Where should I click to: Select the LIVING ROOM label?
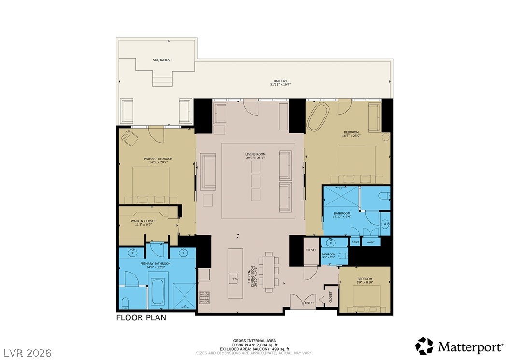click(x=255, y=155)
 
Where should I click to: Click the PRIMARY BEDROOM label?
click(x=158, y=159)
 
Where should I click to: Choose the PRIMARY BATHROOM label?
click(x=156, y=264)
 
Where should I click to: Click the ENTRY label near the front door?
click(x=309, y=303)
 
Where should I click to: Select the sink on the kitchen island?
click(x=234, y=278)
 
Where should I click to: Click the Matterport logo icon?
click(x=424, y=346)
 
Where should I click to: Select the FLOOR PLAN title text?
click(x=141, y=318)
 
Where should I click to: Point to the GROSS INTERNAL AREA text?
click(x=254, y=341)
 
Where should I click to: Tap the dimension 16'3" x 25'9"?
click(x=351, y=137)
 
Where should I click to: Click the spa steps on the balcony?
click(x=163, y=79)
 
